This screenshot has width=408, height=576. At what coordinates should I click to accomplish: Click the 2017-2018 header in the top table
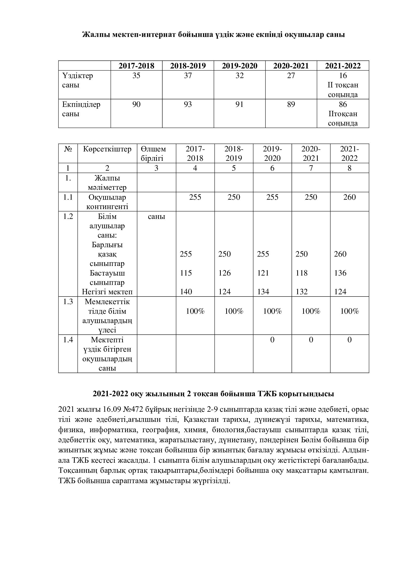(x=136, y=66)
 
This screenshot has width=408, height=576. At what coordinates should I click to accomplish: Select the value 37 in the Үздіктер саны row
(x=188, y=76)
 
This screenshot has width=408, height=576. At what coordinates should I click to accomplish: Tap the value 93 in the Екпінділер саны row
(x=188, y=104)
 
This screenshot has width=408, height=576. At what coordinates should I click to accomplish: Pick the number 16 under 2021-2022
(x=343, y=76)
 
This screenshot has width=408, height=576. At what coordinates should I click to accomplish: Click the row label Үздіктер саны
(x=77, y=80)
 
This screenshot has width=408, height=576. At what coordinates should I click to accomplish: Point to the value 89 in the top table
(x=291, y=104)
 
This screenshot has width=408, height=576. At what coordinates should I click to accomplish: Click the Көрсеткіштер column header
(x=107, y=149)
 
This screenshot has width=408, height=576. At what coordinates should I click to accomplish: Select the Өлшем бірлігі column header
(x=153, y=153)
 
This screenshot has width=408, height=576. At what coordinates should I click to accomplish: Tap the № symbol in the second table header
(x=68, y=149)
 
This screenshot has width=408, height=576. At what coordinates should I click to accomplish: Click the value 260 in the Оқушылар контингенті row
(x=350, y=197)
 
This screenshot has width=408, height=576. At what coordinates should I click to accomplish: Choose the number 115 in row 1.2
(x=186, y=273)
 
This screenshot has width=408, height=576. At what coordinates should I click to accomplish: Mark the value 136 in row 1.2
(x=340, y=273)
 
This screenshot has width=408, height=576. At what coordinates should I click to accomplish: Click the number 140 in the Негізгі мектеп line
(x=186, y=292)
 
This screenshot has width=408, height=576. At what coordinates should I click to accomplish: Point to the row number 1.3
(x=68, y=302)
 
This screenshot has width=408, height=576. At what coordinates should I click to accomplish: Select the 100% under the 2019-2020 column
(x=272, y=311)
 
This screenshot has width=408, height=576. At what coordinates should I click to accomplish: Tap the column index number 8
(x=350, y=168)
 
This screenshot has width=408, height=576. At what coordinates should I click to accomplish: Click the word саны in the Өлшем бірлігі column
(x=156, y=216)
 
